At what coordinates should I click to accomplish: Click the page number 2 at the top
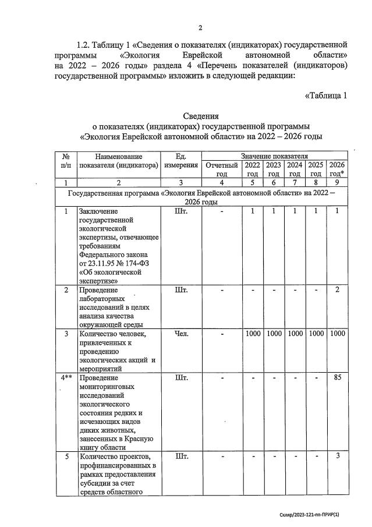point(200,28)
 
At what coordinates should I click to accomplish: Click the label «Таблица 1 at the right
point(325,96)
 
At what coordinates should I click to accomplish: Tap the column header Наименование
point(119,157)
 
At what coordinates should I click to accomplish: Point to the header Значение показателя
point(274,156)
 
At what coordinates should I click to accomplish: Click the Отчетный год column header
point(221,169)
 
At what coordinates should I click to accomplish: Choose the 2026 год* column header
point(336,169)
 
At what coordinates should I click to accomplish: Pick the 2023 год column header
point(274,169)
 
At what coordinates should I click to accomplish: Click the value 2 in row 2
point(337,290)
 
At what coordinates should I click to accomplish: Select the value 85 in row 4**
point(337,378)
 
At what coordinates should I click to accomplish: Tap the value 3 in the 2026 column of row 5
point(337,456)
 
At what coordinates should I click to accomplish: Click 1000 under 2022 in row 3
point(253,334)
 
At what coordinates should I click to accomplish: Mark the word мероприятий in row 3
point(103,369)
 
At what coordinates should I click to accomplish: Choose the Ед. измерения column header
point(181,161)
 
